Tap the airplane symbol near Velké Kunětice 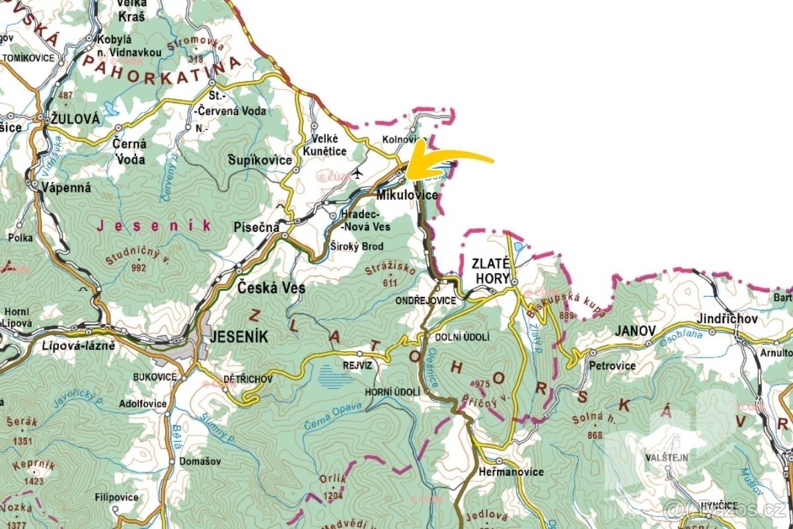[x=358, y=174]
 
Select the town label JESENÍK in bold [x=239, y=337]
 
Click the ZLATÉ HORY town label [x=492, y=270]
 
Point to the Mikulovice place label [x=407, y=196]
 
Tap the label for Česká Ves [x=271, y=288]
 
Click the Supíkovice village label [x=260, y=161]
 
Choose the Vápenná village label [x=65, y=187]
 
